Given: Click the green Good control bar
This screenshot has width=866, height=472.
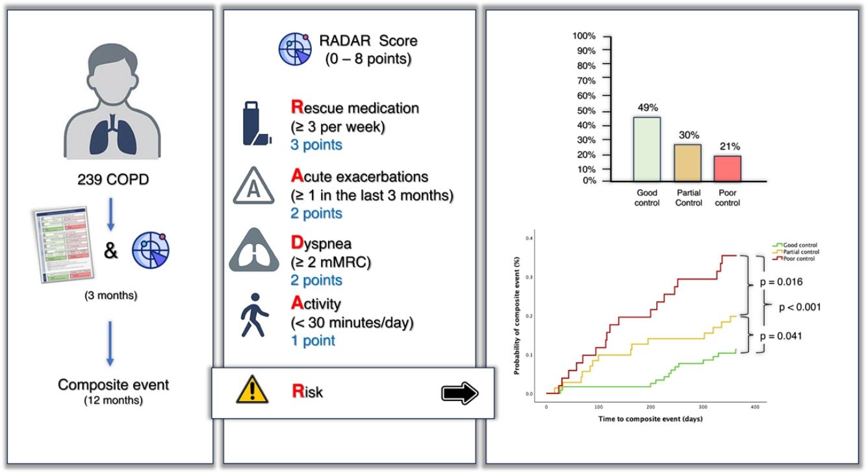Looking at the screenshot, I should click(646, 149).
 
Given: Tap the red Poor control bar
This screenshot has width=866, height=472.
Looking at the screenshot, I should click(728, 168).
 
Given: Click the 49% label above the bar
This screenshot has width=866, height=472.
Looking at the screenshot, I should click(647, 107).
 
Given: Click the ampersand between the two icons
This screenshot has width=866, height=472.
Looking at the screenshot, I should click(111, 251).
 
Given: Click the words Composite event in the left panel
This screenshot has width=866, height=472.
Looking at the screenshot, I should click(113, 385).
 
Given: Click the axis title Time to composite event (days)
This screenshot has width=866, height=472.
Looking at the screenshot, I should click(650, 419).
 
